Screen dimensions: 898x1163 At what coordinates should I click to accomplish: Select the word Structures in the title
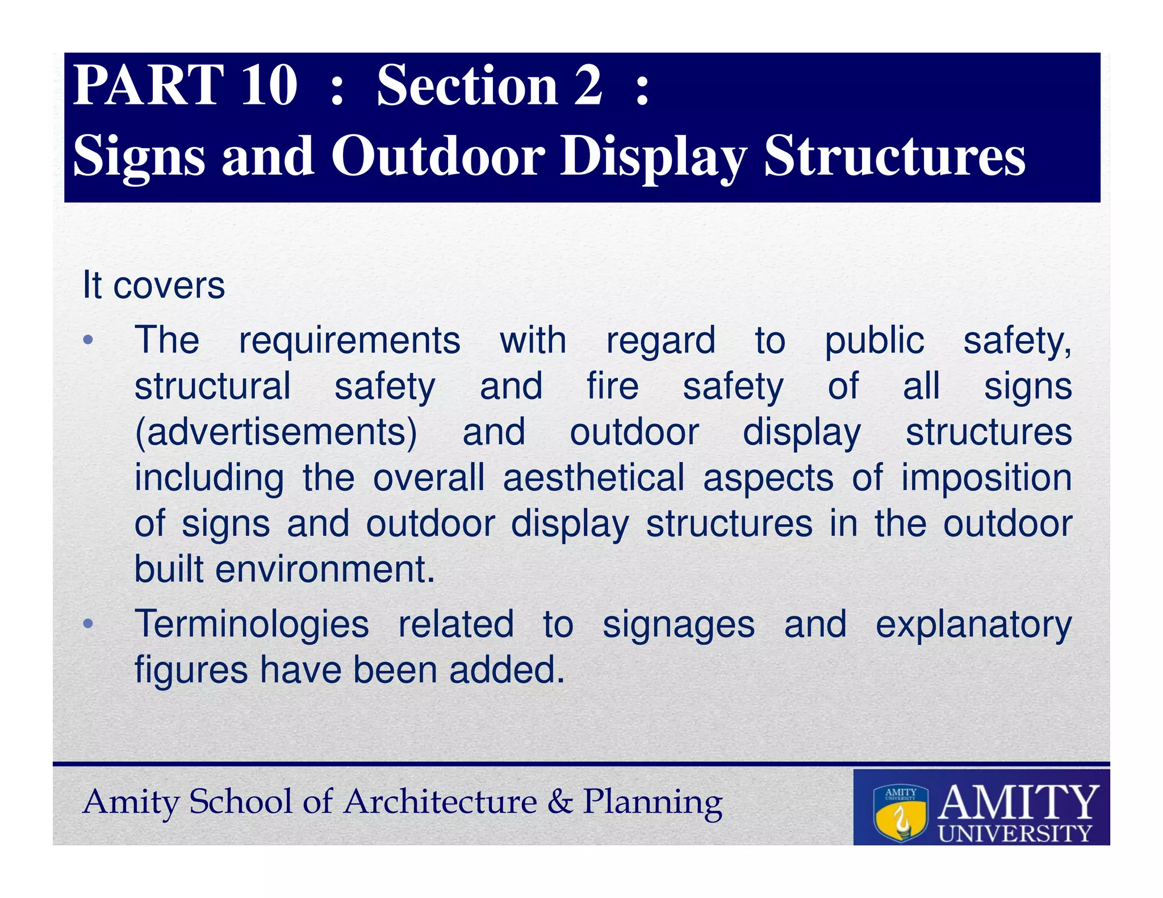click(x=894, y=156)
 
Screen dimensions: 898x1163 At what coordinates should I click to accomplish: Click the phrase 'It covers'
click(x=153, y=285)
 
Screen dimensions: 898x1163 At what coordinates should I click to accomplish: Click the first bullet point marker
click(x=87, y=341)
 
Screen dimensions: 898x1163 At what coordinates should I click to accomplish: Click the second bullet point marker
click(x=87, y=624)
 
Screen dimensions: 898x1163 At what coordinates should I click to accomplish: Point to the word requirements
click(x=349, y=341)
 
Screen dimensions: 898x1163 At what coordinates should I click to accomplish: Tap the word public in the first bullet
click(x=874, y=341)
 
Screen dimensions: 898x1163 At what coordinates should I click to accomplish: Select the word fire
click(x=612, y=387)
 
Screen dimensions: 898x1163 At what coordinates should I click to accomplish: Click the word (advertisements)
click(x=276, y=433)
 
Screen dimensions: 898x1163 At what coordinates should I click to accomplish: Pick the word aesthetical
click(x=593, y=478)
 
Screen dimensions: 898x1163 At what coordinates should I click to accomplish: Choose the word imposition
click(x=986, y=478)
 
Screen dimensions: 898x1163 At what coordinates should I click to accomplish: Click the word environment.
click(x=324, y=569)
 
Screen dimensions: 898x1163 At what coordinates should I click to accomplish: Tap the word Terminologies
click(x=252, y=624)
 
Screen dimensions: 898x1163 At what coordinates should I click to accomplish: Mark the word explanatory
click(x=973, y=624)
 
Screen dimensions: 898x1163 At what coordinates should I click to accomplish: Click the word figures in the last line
click(x=191, y=670)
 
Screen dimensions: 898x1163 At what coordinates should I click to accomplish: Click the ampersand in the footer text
click(x=560, y=802)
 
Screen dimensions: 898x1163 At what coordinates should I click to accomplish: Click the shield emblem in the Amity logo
click(x=901, y=812)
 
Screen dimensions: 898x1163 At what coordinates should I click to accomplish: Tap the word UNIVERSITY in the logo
click(x=1015, y=833)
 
